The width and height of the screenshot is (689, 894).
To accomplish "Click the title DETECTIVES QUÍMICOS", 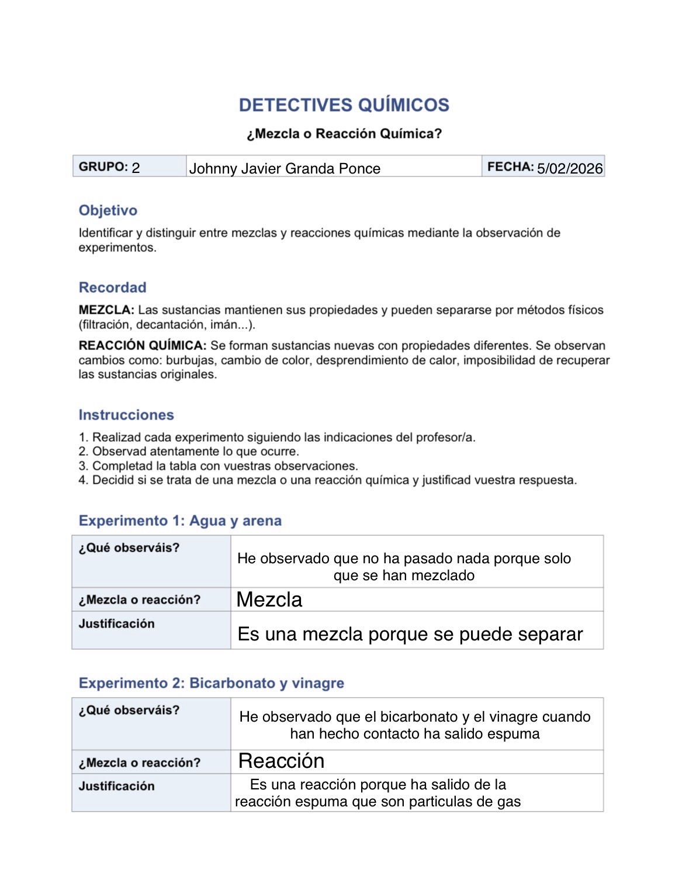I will [x=344, y=105].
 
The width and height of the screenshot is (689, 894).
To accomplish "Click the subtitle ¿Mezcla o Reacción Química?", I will [x=344, y=134].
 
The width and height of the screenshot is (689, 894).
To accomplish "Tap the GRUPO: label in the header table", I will [x=103, y=167].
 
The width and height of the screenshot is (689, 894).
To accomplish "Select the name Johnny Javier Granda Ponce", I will [x=284, y=169].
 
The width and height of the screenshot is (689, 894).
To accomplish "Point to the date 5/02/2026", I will [x=569, y=169].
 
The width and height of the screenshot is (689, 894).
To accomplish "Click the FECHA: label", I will [x=510, y=167].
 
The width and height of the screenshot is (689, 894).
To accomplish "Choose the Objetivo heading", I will [x=108, y=210].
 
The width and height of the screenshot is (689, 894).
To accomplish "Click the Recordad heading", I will [x=112, y=287].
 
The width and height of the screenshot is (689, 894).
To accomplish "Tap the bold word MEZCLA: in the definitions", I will [x=106, y=310].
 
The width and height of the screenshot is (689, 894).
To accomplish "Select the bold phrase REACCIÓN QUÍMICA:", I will [x=142, y=346].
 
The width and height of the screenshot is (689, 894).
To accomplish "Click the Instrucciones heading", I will [x=126, y=415].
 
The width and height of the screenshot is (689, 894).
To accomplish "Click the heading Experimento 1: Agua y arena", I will [x=180, y=521].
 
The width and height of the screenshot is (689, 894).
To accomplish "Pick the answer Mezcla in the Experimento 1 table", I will [x=269, y=600].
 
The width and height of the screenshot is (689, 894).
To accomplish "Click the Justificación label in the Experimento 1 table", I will [x=116, y=623].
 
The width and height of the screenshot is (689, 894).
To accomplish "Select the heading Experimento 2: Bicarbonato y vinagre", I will [x=211, y=683].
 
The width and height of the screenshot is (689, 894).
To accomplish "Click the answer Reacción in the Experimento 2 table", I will [x=281, y=761].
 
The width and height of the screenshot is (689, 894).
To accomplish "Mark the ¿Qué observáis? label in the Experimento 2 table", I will [x=129, y=710].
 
